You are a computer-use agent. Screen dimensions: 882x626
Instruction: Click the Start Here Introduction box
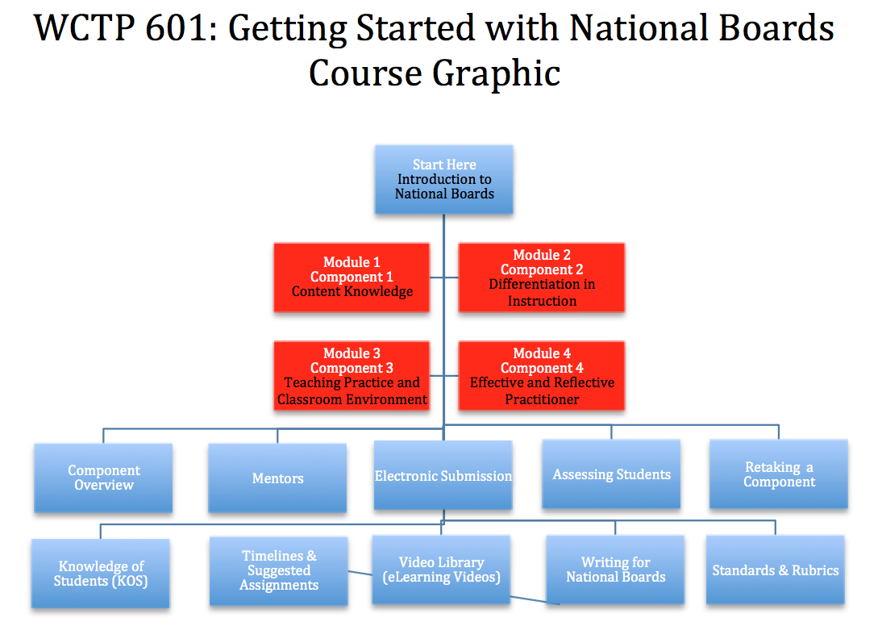point(443,179)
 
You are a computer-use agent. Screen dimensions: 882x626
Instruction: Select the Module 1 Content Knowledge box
point(352,277)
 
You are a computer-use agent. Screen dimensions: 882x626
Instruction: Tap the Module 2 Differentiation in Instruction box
point(541,277)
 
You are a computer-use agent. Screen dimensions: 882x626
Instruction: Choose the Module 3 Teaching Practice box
point(352,375)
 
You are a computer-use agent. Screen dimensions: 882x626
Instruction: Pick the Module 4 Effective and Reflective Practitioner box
point(541,375)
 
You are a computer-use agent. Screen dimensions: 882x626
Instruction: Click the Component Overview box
point(103,478)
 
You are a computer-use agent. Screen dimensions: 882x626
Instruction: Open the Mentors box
point(277,478)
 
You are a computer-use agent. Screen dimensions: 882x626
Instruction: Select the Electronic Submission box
point(443,475)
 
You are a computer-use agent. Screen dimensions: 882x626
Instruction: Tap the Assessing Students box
point(611,474)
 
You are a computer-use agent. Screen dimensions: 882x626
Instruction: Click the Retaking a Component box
point(779,474)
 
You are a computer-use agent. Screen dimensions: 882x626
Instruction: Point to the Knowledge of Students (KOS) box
point(101,573)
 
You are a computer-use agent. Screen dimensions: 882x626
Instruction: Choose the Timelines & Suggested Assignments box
point(278,571)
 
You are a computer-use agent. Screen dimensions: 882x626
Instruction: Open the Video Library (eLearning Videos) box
point(441,570)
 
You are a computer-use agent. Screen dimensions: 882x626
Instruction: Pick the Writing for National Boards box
point(615,570)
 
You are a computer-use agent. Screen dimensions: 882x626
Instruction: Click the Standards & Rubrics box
point(775,570)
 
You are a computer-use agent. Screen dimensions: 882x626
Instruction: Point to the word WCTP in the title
point(84,27)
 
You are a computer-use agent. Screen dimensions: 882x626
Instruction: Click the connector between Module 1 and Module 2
point(443,278)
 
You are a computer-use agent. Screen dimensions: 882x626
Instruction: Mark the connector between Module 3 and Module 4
point(443,375)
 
